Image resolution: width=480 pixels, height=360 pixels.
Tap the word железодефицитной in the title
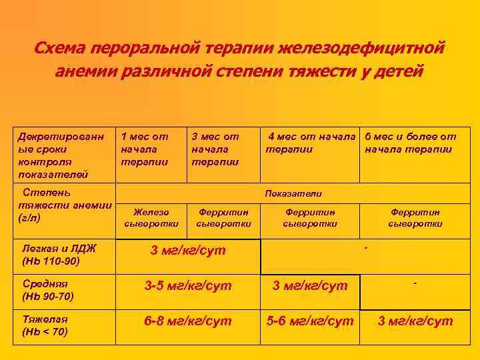[361, 49]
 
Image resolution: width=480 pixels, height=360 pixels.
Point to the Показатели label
[293, 193]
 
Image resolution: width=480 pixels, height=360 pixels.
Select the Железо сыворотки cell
[151, 217]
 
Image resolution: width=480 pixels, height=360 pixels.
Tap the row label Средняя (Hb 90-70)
[48, 289]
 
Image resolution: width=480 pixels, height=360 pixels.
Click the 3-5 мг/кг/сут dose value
[189, 286]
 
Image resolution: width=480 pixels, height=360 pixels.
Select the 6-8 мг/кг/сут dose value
[189, 321]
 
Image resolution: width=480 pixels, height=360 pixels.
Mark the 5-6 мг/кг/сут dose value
[310, 321]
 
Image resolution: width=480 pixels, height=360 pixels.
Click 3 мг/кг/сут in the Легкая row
[188, 251]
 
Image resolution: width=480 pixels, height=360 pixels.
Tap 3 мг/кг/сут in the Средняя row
[310, 286]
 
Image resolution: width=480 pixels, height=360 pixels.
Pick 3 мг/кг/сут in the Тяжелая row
[415, 321]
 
